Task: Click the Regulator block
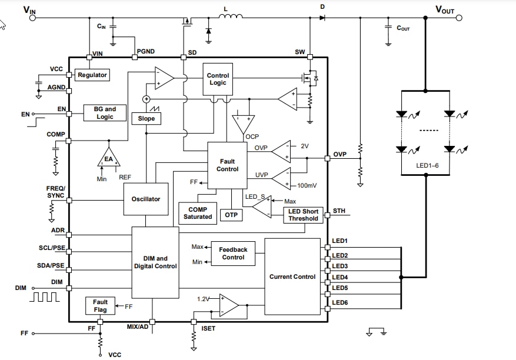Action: tap(92, 75)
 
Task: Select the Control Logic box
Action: tap(218, 79)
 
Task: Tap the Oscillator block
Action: tap(145, 199)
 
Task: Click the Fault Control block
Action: tap(227, 165)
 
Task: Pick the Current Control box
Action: tap(292, 276)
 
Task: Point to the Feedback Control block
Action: tap(233, 254)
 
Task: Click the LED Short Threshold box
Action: tap(303, 215)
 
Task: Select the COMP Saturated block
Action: tap(198, 213)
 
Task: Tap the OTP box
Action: tap(231, 215)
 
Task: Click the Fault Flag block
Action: tap(100, 306)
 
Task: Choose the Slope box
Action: tap(146, 118)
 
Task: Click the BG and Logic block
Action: tap(105, 113)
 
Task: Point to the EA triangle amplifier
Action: tap(108, 157)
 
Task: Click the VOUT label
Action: tap(445, 9)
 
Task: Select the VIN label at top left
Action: tap(28, 9)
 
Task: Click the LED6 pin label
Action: tap(340, 302)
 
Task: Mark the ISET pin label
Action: tap(208, 328)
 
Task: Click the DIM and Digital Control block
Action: tap(155, 262)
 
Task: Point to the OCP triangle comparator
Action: tap(242, 124)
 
